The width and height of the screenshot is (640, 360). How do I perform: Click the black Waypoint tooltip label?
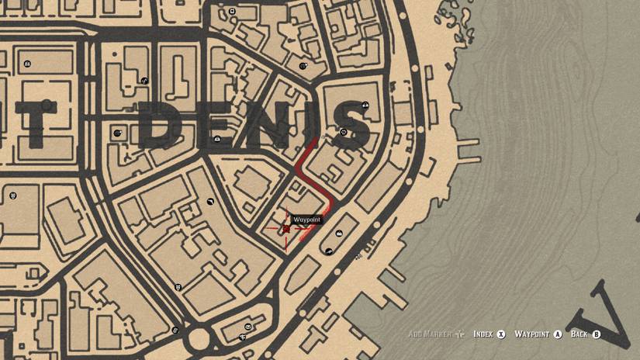(306, 220)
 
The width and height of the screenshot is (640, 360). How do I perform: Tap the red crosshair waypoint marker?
(286, 229)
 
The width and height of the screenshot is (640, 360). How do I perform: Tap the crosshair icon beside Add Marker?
(460, 334)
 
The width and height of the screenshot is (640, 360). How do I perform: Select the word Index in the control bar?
(483, 334)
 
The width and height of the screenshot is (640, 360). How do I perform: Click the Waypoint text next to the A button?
(532, 334)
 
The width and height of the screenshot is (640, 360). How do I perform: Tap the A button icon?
(558, 334)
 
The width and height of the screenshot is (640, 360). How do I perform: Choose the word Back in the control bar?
(579, 334)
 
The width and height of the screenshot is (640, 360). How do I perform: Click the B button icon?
(597, 334)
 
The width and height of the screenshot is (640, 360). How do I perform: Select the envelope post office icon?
(243, 337)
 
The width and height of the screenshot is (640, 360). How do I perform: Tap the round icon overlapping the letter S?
(344, 132)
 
